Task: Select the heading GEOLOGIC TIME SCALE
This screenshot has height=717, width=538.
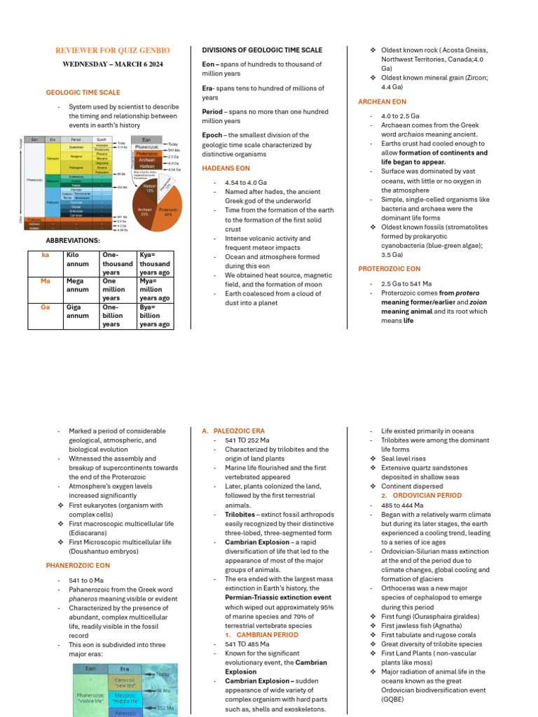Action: point(83,92)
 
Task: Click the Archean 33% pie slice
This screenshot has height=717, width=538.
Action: point(145,212)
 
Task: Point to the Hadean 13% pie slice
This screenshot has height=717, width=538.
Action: point(149,188)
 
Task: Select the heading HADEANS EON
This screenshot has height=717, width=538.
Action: point(226,169)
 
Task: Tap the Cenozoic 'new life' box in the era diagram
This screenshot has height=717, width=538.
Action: point(125,682)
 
